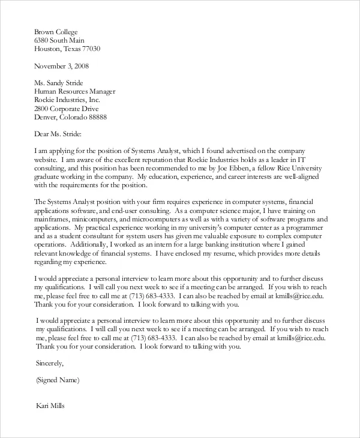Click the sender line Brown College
coord(56,31)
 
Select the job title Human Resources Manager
coord(75,92)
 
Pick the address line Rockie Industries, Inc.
coord(67,100)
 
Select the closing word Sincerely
coord(49,363)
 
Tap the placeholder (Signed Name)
coord(58,380)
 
